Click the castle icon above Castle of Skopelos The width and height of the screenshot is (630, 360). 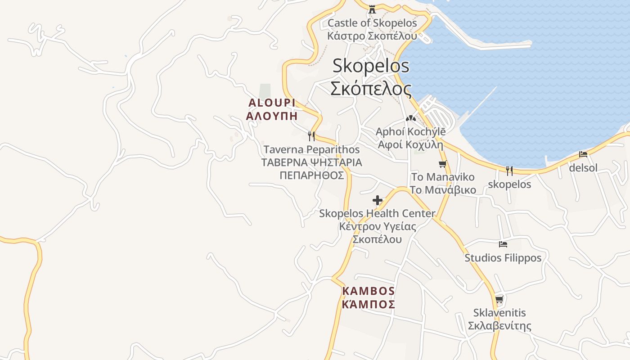click(x=372, y=9)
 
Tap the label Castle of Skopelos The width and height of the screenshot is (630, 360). click(x=372, y=23)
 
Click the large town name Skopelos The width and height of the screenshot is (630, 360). click(x=371, y=66)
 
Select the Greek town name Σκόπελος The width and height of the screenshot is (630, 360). click(x=371, y=88)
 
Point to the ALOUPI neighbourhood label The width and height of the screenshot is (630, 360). click(x=272, y=103)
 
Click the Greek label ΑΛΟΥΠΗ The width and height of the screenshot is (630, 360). click(x=272, y=116)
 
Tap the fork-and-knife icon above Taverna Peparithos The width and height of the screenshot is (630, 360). click(x=311, y=136)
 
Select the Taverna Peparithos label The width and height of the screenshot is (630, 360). click(x=311, y=149)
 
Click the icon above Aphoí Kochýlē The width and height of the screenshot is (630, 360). click(x=410, y=119)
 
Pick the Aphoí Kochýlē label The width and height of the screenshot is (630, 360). click(x=410, y=132)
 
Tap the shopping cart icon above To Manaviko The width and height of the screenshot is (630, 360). click(x=443, y=164)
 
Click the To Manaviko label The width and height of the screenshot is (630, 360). click(x=443, y=177)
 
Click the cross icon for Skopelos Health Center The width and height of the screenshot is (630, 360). click(x=378, y=200)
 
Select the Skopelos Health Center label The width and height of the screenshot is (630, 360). click(x=377, y=214)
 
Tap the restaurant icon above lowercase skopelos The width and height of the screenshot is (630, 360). click(x=509, y=171)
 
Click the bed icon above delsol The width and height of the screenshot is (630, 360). click(x=583, y=154)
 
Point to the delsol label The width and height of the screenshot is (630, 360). click(x=583, y=168)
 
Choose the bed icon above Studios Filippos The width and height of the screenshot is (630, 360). click(x=503, y=244)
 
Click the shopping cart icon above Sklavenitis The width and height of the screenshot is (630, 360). click(x=499, y=300)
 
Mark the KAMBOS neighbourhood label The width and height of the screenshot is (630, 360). click(x=369, y=291)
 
